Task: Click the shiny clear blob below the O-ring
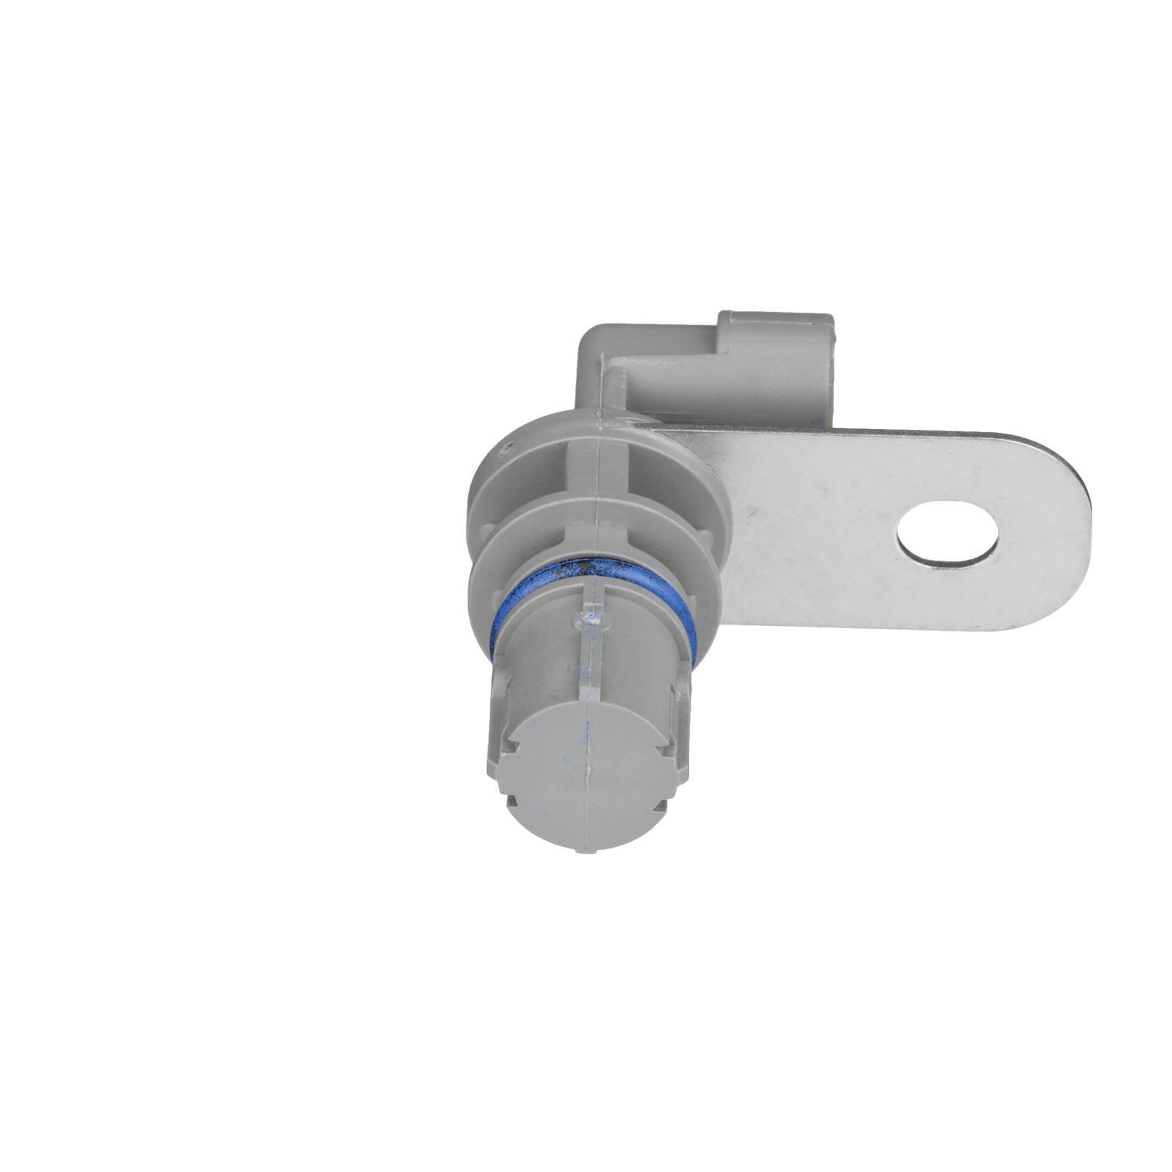(x=591, y=620)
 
